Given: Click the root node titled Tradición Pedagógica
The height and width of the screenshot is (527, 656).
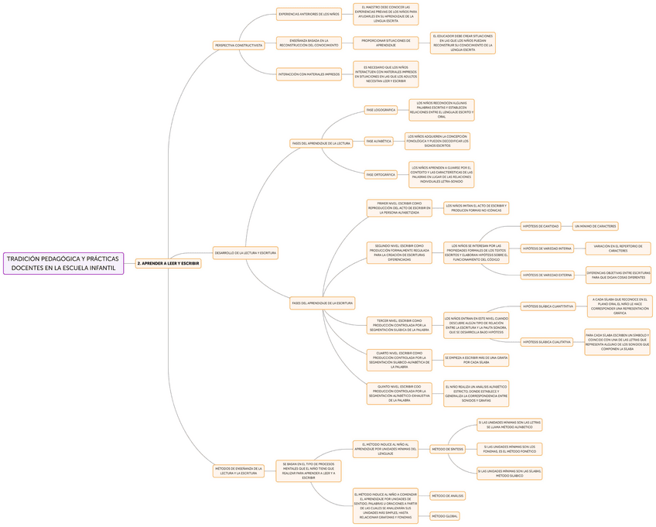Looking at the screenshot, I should pos(63,263).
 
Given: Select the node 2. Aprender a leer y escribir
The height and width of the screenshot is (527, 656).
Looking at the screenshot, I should pos(168,264).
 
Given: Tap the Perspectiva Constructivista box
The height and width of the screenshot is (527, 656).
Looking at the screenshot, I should pos(239,46).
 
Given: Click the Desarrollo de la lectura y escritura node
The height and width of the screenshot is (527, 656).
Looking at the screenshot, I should pos(245,252).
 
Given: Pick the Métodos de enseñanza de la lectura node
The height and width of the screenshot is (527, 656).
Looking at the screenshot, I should pos(239,471).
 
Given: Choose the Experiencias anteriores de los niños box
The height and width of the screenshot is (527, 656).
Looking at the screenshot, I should pos(309,14).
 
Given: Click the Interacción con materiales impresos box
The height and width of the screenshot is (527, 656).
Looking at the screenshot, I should pos(309,74).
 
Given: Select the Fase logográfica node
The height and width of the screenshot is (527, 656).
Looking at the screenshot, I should pos(381,110).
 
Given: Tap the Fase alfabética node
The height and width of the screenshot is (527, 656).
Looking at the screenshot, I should pos(378,142).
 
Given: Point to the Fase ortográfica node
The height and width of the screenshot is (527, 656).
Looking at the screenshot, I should pos(381,175).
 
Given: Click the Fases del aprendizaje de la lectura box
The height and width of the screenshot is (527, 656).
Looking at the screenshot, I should pos(321,143).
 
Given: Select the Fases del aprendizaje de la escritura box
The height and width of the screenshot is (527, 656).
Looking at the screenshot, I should pos(322,303).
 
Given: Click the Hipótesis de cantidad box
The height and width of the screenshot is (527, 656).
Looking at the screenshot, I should pos(541,226).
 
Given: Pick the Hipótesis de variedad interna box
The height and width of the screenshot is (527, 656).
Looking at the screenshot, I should pos(547,248).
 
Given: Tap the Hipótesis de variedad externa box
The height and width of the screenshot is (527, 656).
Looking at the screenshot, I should pos(547,275).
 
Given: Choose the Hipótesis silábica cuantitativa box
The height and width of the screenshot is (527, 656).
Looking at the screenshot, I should pos(548,306).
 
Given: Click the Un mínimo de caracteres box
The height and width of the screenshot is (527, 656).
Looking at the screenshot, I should pos(595,226).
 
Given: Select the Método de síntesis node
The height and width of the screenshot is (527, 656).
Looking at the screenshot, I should pos(447,449).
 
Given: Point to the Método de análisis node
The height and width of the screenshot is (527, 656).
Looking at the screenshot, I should pos(447,495).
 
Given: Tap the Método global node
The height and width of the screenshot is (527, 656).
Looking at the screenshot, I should pos(445,516).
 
